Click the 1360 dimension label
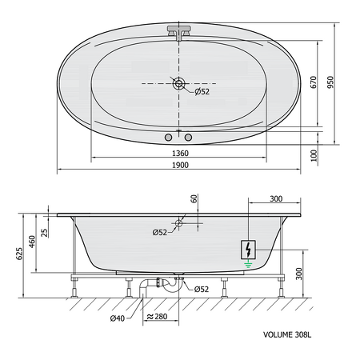(x=180, y=152)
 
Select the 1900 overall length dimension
(x=180, y=165)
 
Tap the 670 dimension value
(x=315, y=82)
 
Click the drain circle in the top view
(x=178, y=82)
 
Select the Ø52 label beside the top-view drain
(x=202, y=92)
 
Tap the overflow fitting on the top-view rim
(x=179, y=33)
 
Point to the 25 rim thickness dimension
(x=46, y=232)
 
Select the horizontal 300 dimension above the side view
(x=275, y=198)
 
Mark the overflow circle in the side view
(x=178, y=225)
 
